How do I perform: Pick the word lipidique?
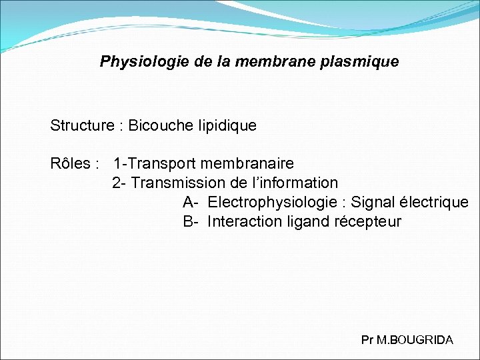coord(223,125)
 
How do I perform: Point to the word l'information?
coord(298,183)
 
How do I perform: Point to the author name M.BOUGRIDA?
coord(415,340)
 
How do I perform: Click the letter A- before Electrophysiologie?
coord(191,202)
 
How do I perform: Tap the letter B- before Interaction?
coord(191,221)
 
